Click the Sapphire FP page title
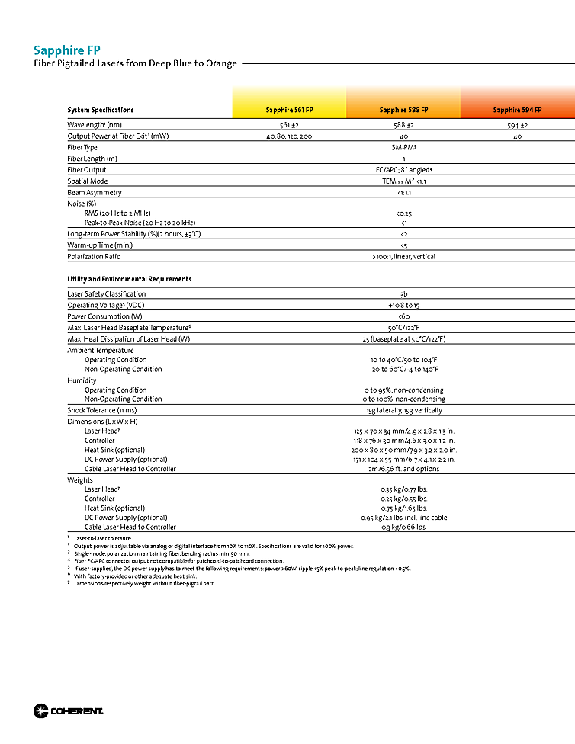pyautogui.click(x=66, y=50)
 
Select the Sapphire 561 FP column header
pyautogui.click(x=289, y=110)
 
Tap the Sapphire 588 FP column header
pyautogui.click(x=403, y=110)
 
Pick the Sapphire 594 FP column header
pyautogui.click(x=517, y=110)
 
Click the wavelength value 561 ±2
pyautogui.click(x=289, y=124)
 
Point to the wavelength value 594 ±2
pyautogui.click(x=517, y=124)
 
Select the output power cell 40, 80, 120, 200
pyautogui.click(x=289, y=136)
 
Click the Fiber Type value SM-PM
pyautogui.click(x=403, y=147)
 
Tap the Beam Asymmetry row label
pyautogui.click(x=94, y=193)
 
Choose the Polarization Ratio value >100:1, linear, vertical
pyautogui.click(x=403, y=257)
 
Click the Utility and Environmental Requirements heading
pyautogui.click(x=129, y=279)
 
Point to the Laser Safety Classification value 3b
pyautogui.click(x=403, y=294)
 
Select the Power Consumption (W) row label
pyautogui.click(x=104, y=316)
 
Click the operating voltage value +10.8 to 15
pyautogui.click(x=403, y=305)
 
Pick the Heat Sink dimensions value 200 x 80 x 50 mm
pyautogui.click(x=403, y=450)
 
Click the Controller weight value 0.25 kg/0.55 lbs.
pyautogui.click(x=403, y=499)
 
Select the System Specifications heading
pyautogui.click(x=100, y=110)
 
